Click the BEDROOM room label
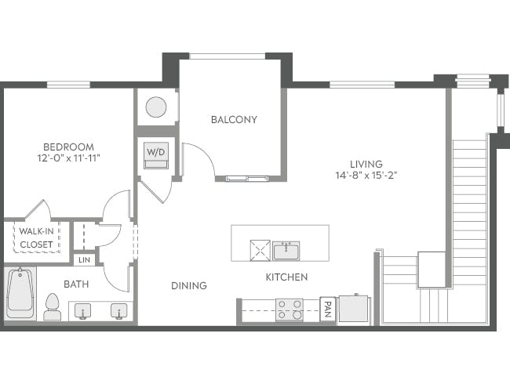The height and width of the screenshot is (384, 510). tap(68, 147)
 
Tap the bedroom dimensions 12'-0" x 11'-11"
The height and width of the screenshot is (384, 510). tap(68, 158)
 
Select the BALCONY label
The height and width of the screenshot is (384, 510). tap(234, 120)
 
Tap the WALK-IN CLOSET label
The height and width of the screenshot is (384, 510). tap(36, 238)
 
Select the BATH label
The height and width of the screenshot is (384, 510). tap(76, 284)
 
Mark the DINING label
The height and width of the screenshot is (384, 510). tap(189, 286)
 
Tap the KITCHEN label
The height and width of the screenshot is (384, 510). tap(286, 277)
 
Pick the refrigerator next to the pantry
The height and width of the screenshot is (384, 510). tap(353, 309)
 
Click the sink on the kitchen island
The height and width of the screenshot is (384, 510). tap(286, 250)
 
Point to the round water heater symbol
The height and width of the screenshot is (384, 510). tap(156, 107)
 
